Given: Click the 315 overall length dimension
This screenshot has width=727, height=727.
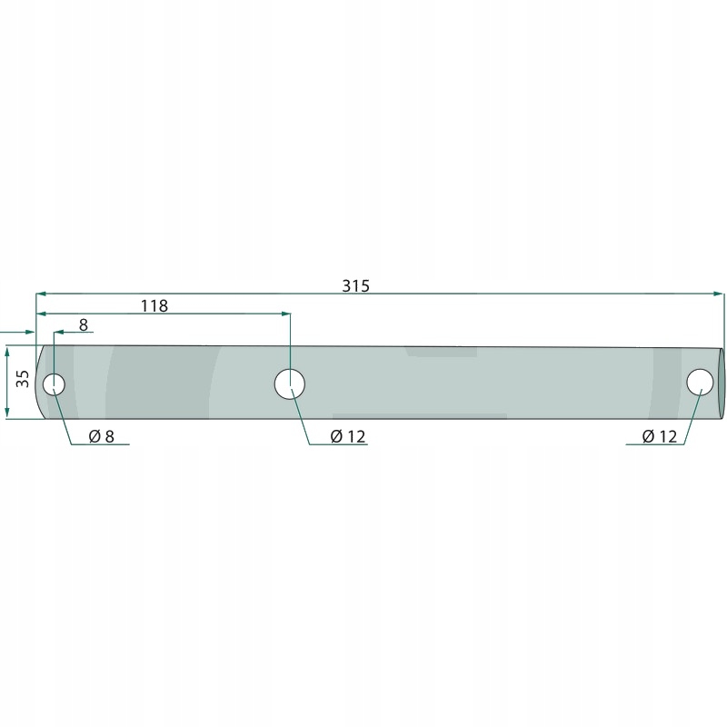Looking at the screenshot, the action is click(355, 286).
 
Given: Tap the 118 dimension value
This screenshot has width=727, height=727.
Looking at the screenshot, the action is click(154, 306).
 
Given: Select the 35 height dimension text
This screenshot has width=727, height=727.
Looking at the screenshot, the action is click(22, 378).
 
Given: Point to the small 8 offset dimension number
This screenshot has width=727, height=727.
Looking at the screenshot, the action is click(84, 325).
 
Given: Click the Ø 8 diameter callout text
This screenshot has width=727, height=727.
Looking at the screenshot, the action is click(101, 436).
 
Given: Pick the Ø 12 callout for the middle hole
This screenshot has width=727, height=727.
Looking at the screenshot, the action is click(348, 436).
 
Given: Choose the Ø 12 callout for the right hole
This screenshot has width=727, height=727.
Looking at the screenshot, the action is click(660, 436).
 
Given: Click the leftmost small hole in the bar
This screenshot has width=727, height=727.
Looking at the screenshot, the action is click(54, 384).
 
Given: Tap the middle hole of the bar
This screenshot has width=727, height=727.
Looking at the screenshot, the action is click(290, 384).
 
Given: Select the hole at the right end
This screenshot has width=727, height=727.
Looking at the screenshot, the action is click(700, 383).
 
